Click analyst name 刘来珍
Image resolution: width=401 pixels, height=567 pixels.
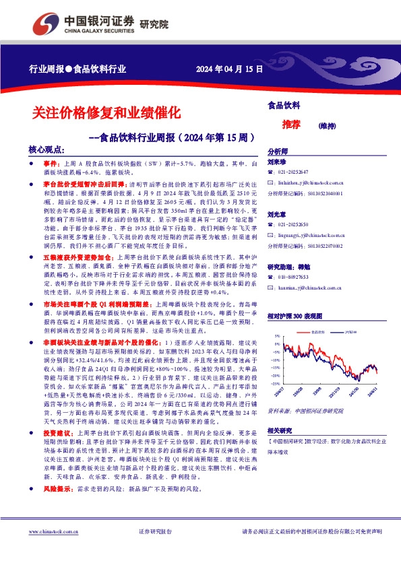pos(277,162)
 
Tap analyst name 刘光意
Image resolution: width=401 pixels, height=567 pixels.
pos(277,214)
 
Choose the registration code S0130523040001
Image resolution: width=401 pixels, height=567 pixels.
pos(325,193)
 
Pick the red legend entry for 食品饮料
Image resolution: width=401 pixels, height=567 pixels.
pos(317,332)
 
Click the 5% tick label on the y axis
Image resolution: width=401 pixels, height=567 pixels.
pos(276,335)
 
